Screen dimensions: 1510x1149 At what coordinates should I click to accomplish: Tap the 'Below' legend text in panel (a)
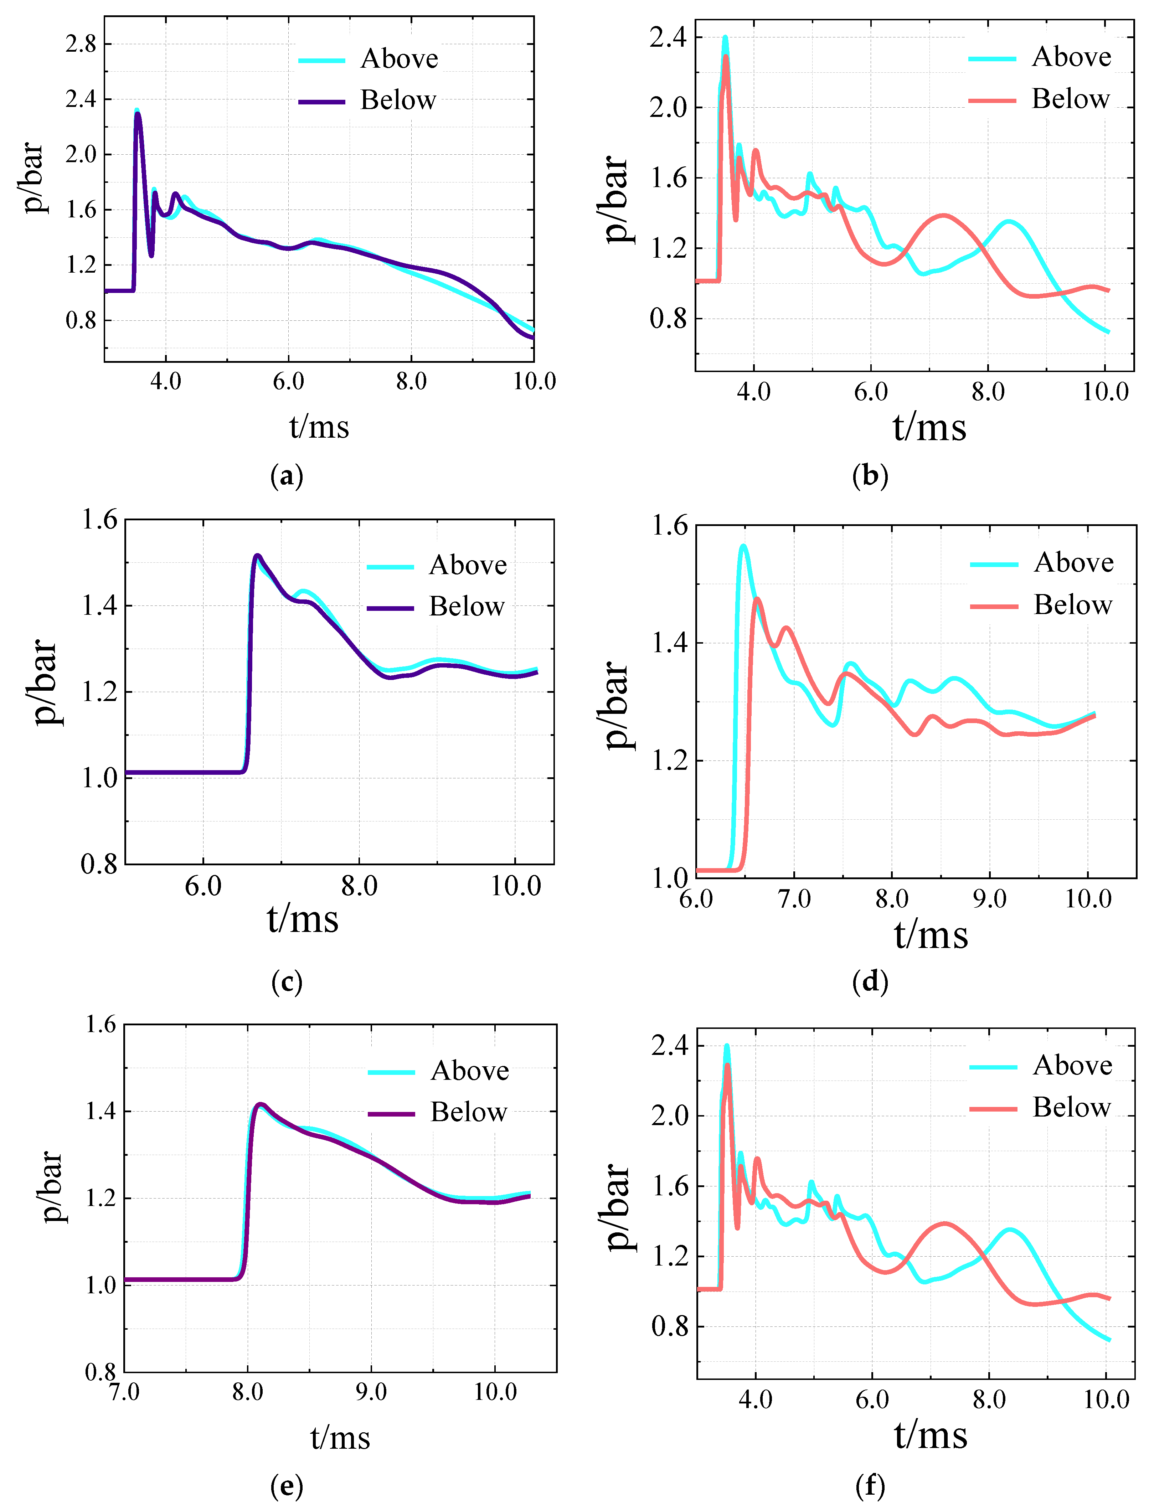pos(398,101)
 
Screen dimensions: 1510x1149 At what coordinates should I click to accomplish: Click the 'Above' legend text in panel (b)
pos(1071,57)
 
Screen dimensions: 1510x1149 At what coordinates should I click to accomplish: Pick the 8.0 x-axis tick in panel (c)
pos(359,887)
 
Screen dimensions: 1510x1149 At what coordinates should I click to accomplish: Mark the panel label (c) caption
pos(287,983)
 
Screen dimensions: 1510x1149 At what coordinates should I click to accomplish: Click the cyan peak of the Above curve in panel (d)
pos(743,546)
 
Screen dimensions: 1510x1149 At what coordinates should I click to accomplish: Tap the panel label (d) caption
pos(870,983)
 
